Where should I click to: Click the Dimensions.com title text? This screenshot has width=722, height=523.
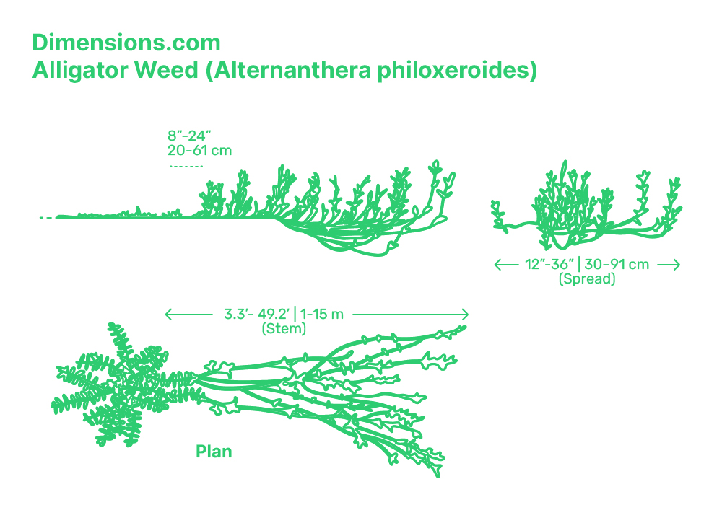click(126, 43)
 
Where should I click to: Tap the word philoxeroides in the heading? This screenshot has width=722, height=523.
click(458, 71)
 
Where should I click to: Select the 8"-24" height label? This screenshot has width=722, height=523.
click(188, 135)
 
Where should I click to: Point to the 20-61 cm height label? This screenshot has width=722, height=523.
click(199, 150)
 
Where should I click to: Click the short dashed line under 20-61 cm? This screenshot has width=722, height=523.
click(186, 166)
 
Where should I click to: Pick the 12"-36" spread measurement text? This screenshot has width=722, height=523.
click(545, 265)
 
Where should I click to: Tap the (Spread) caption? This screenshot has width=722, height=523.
click(587, 279)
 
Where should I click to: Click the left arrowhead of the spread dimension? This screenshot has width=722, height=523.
click(497, 265)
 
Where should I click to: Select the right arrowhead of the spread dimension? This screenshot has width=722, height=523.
click(677, 265)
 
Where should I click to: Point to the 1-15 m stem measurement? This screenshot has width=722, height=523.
click(321, 315)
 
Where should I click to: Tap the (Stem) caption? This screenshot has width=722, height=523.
click(284, 329)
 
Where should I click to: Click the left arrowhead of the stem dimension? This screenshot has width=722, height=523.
click(168, 315)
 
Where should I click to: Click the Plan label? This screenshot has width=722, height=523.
click(214, 452)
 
